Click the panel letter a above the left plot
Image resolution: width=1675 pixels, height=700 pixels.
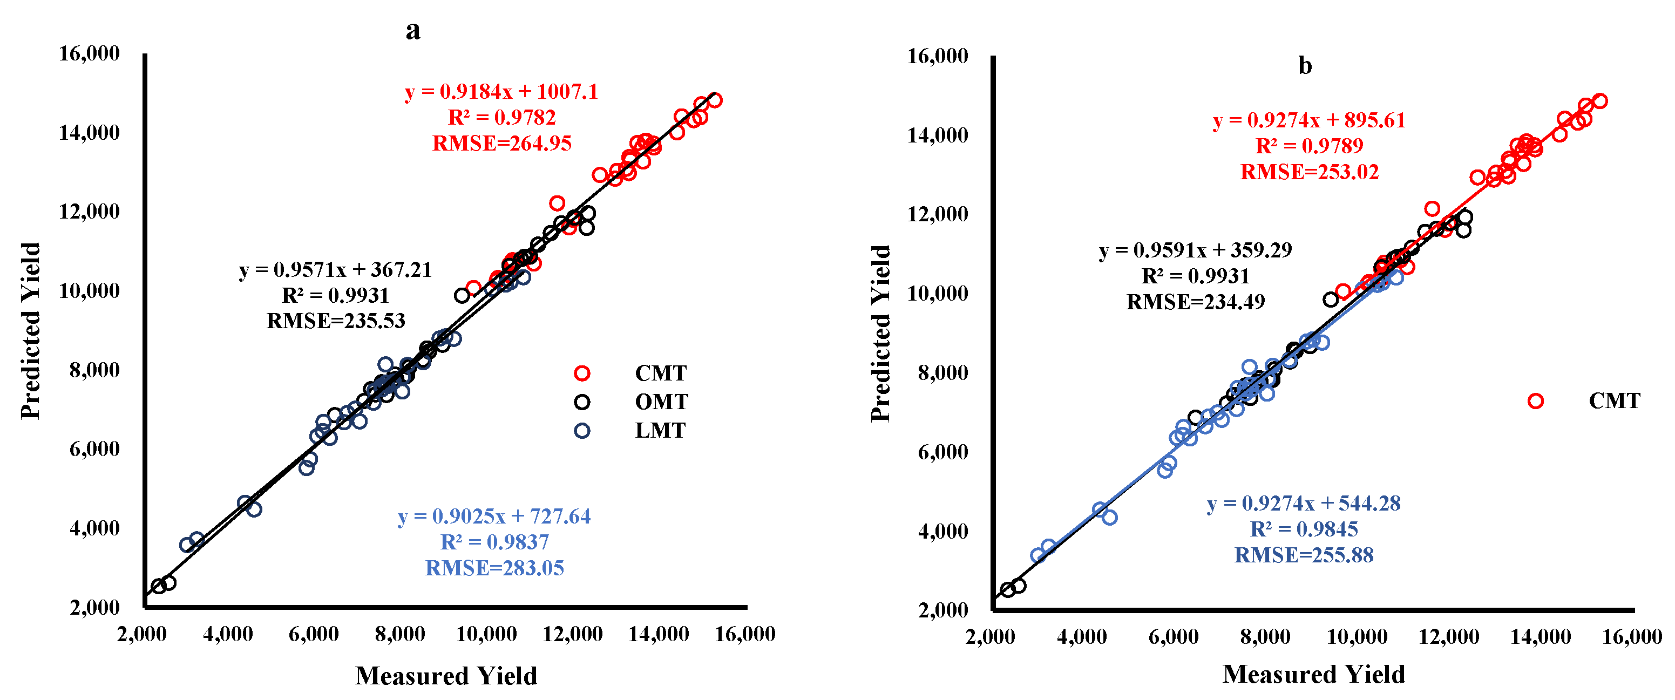coord(412,31)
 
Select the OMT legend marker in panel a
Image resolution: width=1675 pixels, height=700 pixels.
coord(582,402)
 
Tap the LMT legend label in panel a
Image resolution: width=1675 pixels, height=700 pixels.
coord(660,430)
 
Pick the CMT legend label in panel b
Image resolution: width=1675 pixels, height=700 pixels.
coord(1614,401)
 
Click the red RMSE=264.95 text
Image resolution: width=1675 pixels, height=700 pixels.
coord(501,143)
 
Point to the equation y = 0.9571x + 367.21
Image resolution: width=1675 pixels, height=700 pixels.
coord(336,269)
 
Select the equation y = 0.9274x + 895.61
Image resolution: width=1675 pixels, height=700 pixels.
coord(1309,120)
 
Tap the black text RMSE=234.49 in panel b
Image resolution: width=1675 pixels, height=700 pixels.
coord(1195,302)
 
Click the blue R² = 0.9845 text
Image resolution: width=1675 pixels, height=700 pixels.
coord(1304,529)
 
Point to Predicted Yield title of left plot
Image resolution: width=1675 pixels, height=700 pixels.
coord(31,331)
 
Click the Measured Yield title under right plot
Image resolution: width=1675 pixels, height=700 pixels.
coord(1313,674)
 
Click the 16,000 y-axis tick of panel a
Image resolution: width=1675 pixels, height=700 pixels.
coord(89,53)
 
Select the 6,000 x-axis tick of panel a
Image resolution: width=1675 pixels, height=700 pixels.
coord(314,634)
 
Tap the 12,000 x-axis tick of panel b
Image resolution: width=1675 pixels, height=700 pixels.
coord(1448,636)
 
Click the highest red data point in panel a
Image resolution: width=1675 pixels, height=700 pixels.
coord(715,100)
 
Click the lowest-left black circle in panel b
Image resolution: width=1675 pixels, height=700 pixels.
coord(1008,590)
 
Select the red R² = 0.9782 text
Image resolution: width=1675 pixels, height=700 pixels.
coord(501,118)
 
